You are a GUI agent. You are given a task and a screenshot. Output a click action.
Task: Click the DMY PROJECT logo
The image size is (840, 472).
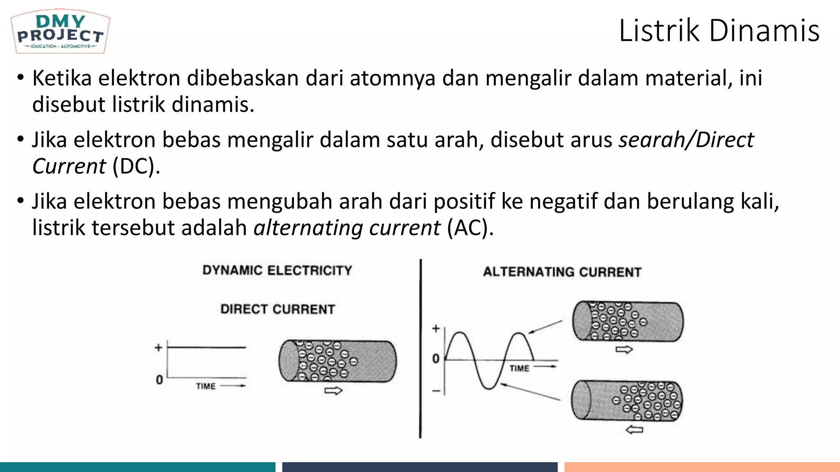(60, 32)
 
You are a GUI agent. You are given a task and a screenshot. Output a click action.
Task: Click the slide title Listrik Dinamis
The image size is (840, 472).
(719, 31)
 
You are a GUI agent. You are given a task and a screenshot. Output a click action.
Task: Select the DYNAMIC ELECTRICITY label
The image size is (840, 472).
(277, 270)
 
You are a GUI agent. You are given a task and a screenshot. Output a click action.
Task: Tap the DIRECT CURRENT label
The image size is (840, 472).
(278, 309)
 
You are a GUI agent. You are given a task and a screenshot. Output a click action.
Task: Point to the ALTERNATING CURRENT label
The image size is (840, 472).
(562, 272)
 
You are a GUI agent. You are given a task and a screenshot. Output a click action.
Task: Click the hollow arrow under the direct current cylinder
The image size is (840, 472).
(333, 390)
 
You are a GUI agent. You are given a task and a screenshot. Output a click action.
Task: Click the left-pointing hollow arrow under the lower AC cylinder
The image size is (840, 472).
(634, 429)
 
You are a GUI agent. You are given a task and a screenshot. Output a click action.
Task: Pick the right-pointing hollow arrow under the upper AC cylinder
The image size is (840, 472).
(624, 349)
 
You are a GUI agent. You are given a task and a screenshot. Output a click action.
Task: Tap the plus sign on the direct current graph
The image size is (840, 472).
(158, 348)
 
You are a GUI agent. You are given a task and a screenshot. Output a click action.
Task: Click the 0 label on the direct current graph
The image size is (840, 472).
(159, 380)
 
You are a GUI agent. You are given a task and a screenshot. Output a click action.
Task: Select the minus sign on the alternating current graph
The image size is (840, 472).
(436, 391)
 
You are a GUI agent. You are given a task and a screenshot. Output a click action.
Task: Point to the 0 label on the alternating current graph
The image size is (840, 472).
(436, 359)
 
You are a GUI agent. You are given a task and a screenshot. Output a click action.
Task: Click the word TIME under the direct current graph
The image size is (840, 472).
(205, 386)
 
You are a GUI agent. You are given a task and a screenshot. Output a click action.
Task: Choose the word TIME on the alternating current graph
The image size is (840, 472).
(519, 368)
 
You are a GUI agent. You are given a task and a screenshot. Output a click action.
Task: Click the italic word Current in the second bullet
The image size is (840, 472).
(69, 166)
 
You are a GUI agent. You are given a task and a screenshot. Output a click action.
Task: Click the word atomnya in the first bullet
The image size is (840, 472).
(393, 78)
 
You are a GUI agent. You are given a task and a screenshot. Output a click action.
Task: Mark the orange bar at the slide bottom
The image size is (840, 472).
(702, 467)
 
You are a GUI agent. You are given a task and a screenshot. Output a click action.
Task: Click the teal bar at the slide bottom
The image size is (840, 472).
(137, 467)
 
